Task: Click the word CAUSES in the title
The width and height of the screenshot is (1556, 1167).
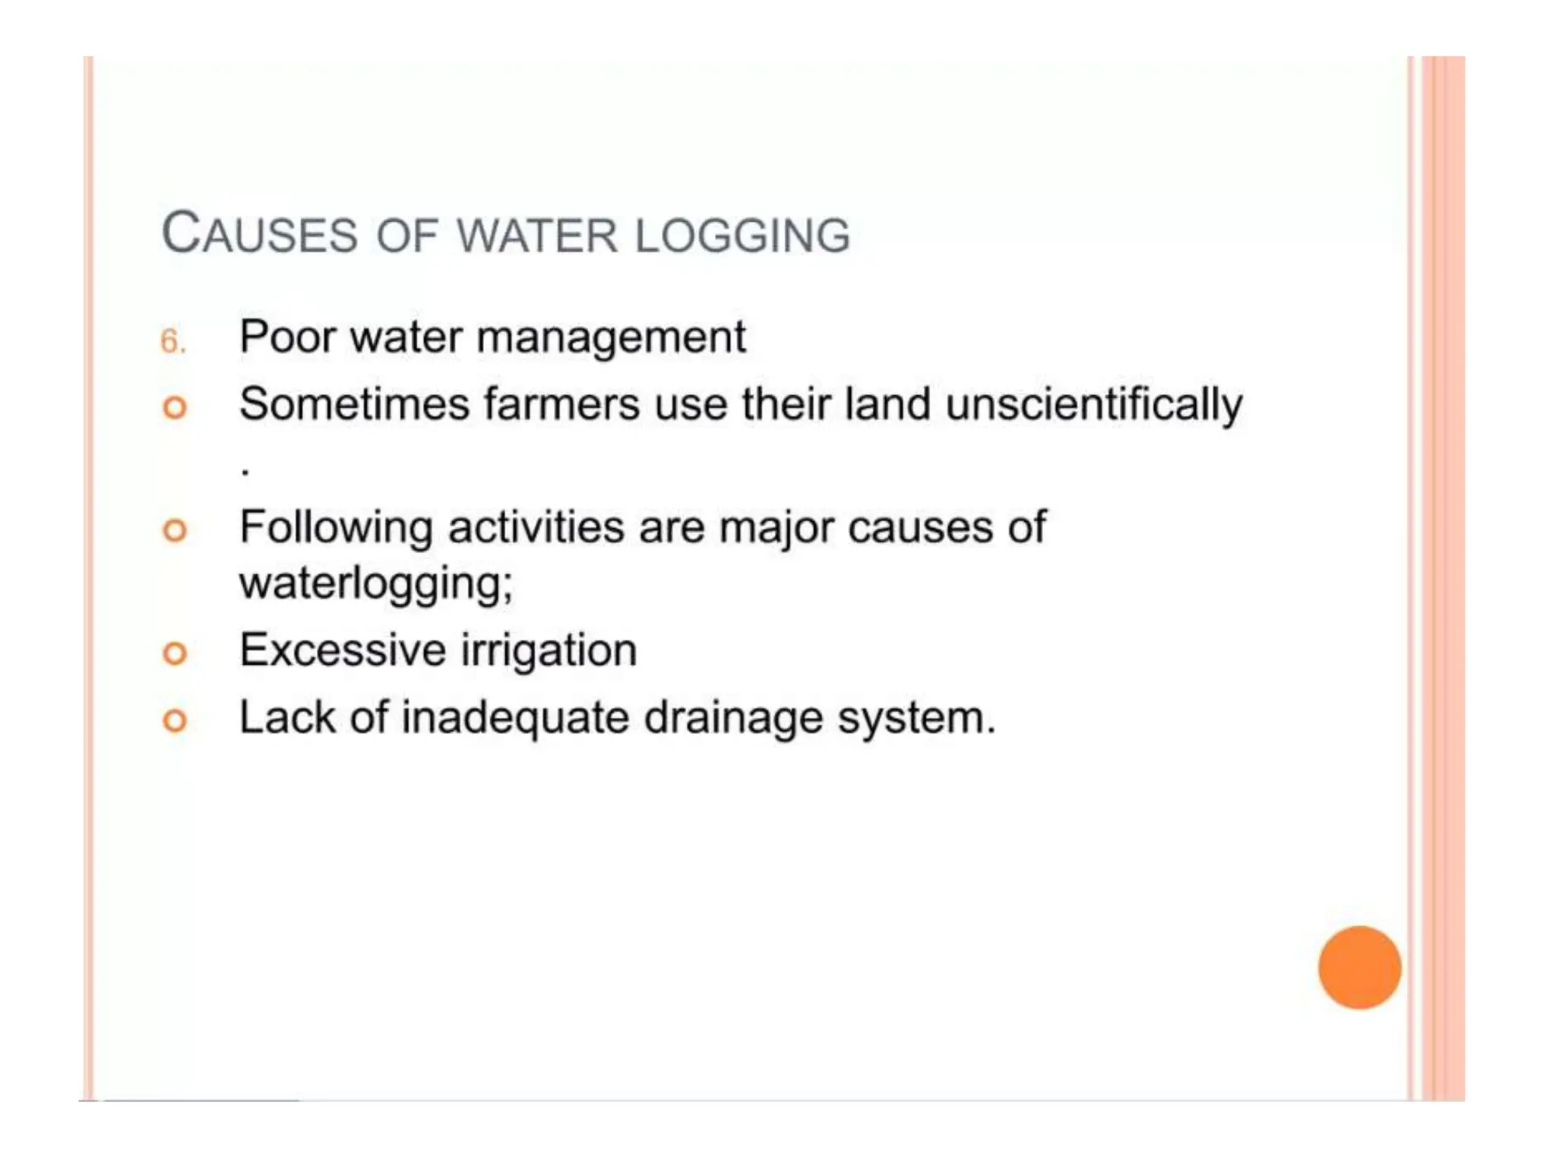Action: tap(259, 233)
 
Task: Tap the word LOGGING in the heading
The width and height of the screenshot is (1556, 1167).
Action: tap(742, 236)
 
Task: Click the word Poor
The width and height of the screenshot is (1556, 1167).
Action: tap(287, 337)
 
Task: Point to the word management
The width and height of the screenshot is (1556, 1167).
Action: tap(611, 338)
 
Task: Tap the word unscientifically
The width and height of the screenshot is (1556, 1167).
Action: tap(1094, 405)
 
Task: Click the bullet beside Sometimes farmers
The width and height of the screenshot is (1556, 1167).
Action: tap(175, 408)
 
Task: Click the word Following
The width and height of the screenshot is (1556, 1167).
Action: tap(336, 528)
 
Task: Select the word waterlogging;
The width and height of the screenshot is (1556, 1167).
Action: tap(376, 584)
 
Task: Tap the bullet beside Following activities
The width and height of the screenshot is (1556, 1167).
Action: tap(175, 530)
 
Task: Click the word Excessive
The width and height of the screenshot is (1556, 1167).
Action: tap(343, 650)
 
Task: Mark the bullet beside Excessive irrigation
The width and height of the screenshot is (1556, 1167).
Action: tap(175, 653)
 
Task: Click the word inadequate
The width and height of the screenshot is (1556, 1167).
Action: tap(515, 718)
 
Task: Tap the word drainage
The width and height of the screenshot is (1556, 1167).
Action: tap(733, 719)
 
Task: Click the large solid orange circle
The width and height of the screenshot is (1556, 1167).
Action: tap(1359, 967)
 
